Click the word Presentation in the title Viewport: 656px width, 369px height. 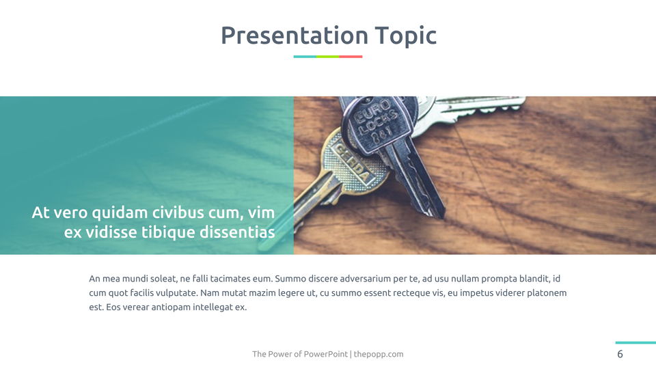(295, 35)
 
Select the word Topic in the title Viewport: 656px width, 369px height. (406, 36)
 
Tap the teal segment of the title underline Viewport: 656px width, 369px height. (305, 57)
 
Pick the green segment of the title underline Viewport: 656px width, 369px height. (327, 57)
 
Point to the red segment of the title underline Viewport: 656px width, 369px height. (351, 57)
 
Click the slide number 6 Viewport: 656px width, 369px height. (620, 354)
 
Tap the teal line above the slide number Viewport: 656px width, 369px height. (635, 342)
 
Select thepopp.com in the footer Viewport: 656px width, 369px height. (379, 355)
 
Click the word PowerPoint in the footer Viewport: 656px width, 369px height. (326, 354)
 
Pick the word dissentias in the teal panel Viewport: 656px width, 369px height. (237, 232)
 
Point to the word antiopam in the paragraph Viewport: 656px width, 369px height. (172, 307)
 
